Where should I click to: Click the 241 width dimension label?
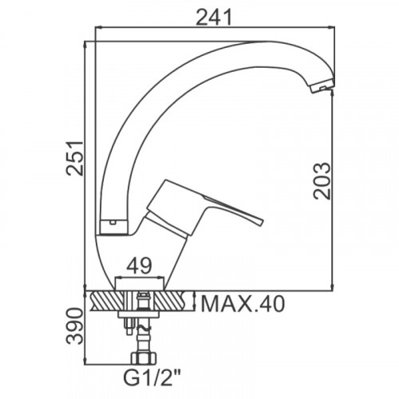tap(214, 18)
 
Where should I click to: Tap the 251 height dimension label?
tap(75, 158)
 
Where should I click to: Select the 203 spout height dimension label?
tap(322, 181)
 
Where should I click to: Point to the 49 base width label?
tap(139, 266)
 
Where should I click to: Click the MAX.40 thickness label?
tap(243, 304)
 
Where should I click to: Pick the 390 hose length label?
tap(75, 326)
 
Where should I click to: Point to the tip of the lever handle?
tap(261, 223)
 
